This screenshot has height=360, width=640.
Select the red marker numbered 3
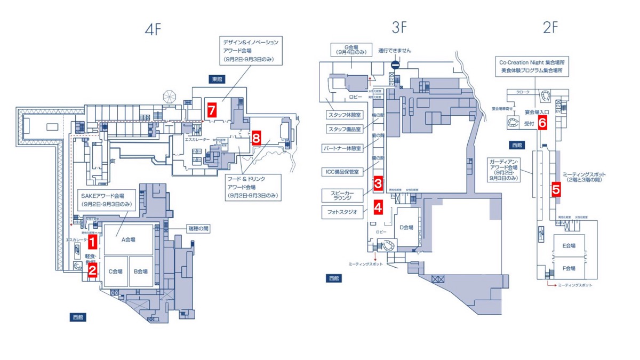[x=378, y=183]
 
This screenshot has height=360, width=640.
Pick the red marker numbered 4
[x=378, y=206]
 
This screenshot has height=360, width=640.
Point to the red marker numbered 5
[x=556, y=189]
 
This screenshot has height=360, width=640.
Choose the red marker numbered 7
[x=212, y=110]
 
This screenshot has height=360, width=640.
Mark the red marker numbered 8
[x=256, y=138]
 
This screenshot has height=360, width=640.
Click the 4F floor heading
[x=153, y=30]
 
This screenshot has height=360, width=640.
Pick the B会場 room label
[x=140, y=271]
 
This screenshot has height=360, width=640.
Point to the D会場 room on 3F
[x=407, y=227]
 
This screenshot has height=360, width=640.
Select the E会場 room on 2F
[x=569, y=246]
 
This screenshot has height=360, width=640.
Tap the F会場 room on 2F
[x=569, y=268]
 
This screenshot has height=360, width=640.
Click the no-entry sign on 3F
[x=395, y=65]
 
